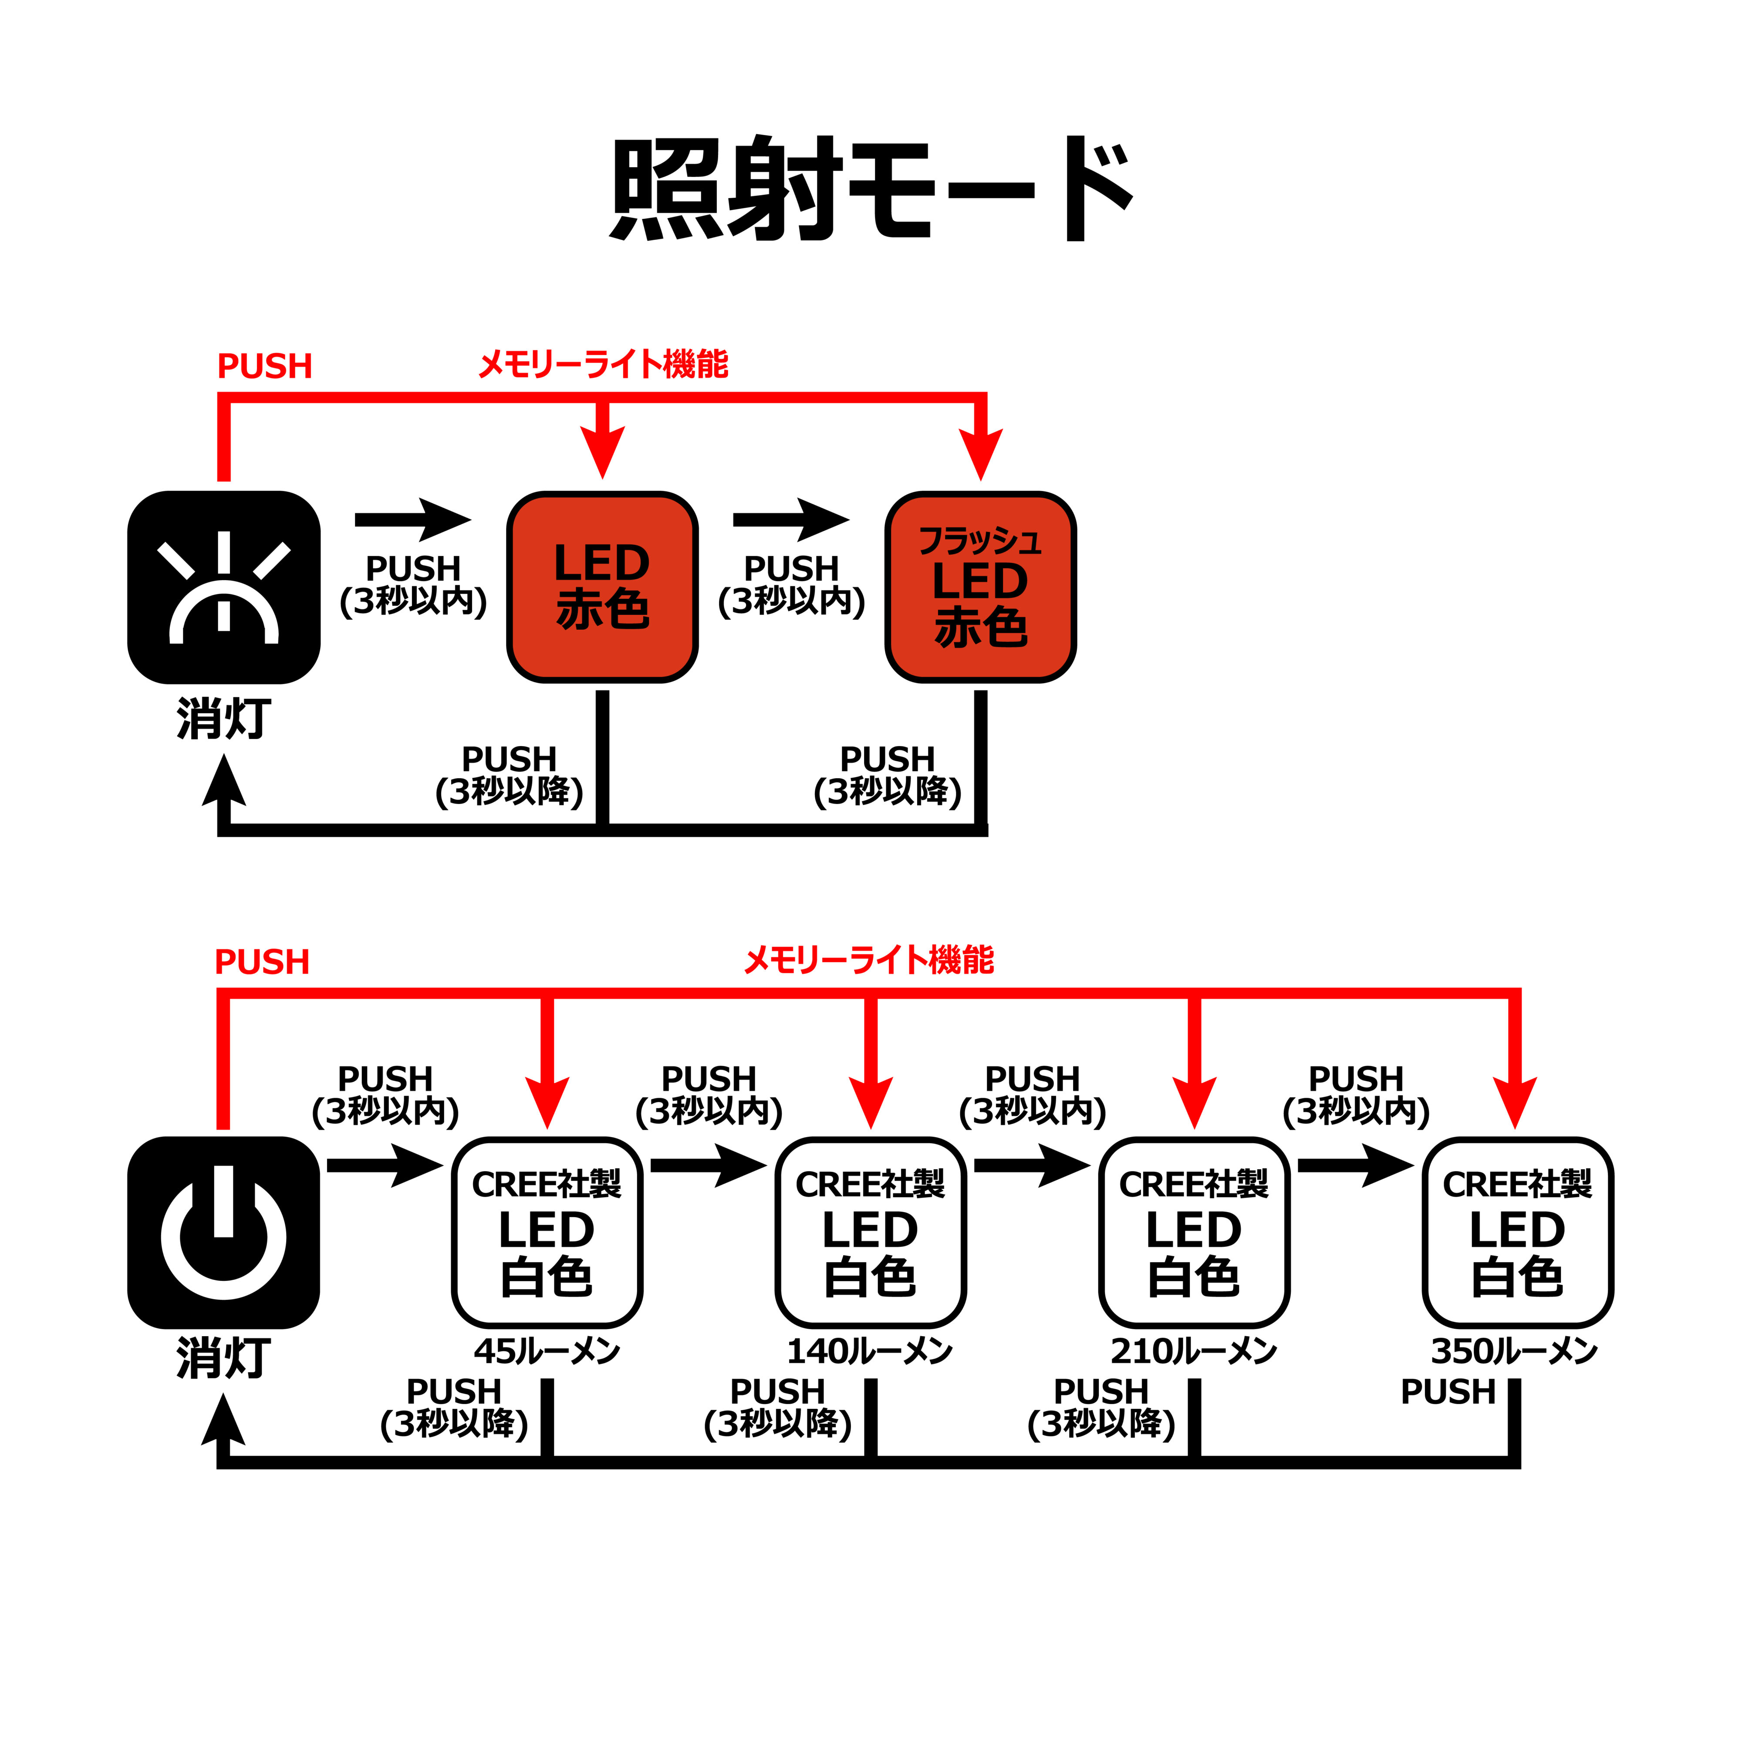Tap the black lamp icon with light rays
pyautogui.click(x=223, y=587)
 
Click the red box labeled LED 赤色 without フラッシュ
pyautogui.click(x=602, y=587)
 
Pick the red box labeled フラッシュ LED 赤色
pyautogui.click(x=980, y=587)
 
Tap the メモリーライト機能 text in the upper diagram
pyautogui.click(x=602, y=364)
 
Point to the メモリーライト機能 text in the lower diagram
pyautogui.click(x=868, y=960)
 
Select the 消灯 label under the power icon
pyautogui.click(x=223, y=1358)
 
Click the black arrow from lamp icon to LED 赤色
pyautogui.click(x=413, y=520)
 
